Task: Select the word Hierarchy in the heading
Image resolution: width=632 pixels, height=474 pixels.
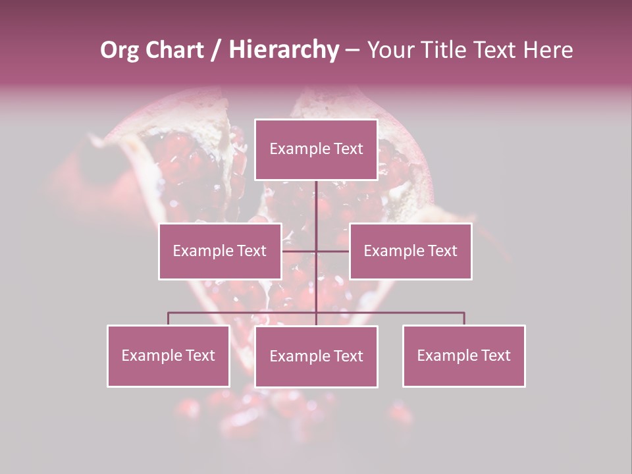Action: click(284, 51)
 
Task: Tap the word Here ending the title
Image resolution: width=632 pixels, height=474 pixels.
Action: click(548, 51)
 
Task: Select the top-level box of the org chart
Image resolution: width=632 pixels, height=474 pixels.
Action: click(316, 149)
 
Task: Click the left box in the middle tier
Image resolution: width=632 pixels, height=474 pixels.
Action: click(220, 251)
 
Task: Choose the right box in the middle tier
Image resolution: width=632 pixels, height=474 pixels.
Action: click(410, 251)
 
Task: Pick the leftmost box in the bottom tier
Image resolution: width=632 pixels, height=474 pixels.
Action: click(168, 356)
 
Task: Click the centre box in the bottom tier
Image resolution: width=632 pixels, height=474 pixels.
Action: click(316, 357)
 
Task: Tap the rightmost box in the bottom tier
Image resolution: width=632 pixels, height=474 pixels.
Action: click(463, 356)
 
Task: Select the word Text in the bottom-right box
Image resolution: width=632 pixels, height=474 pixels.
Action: click(496, 356)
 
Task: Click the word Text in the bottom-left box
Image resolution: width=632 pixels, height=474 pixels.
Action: click(200, 356)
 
